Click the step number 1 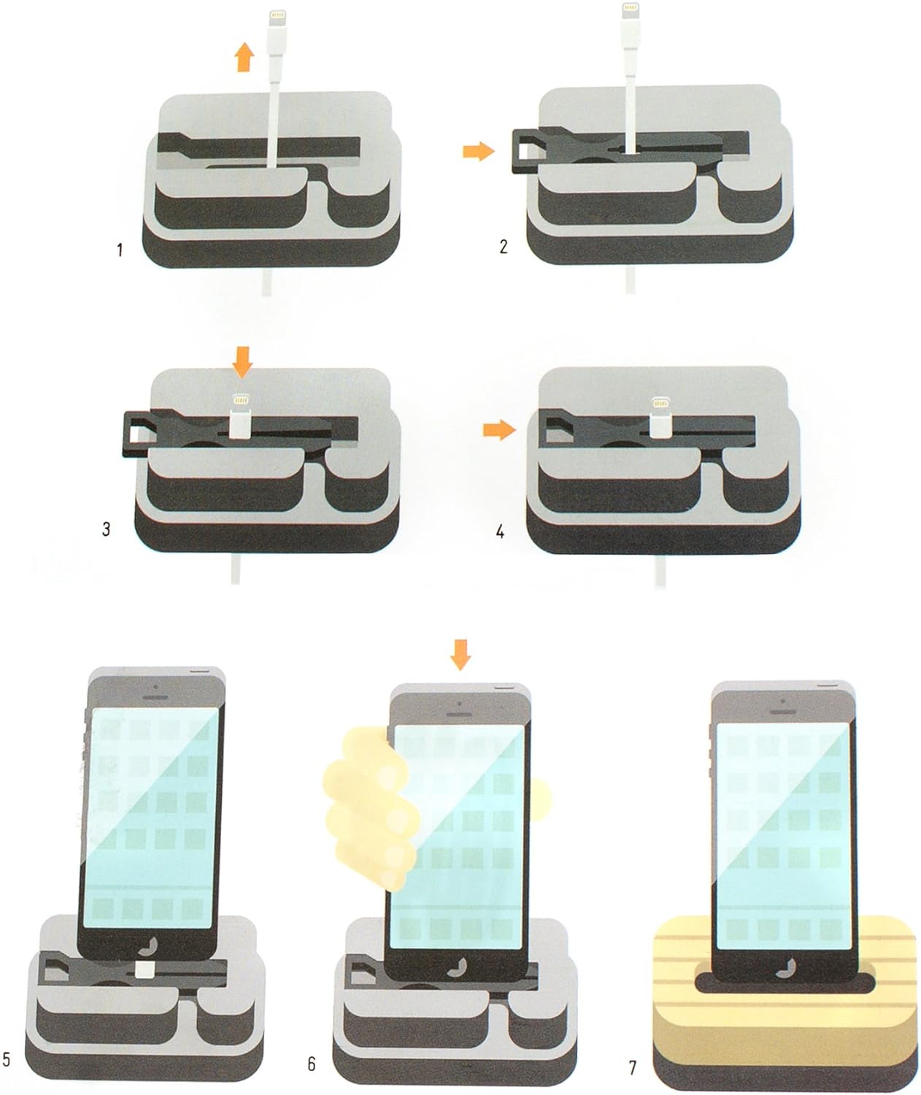(x=120, y=250)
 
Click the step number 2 (x=504, y=247)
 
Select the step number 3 (x=107, y=529)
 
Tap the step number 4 (x=500, y=531)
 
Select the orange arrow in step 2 (x=479, y=152)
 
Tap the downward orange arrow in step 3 (x=242, y=361)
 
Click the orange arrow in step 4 (x=500, y=430)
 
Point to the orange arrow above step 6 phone (x=460, y=655)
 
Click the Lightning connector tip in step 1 (x=277, y=19)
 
